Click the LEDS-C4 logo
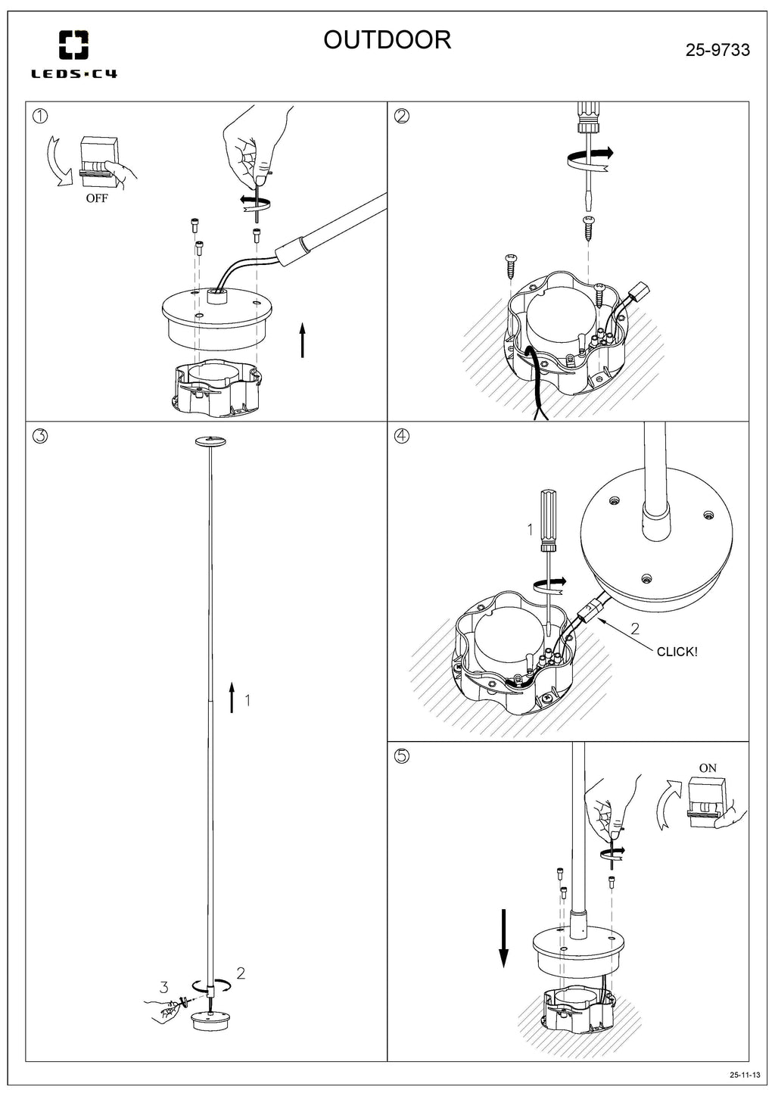click(x=73, y=54)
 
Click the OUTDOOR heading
click(x=387, y=39)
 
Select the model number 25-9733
click(x=717, y=50)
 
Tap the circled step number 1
click(x=40, y=116)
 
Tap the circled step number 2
click(x=402, y=116)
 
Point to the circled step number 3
click(x=40, y=436)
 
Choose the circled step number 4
click(x=402, y=436)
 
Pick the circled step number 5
click(x=402, y=755)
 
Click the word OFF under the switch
click(x=96, y=199)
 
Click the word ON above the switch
click(x=707, y=768)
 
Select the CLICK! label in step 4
click(x=677, y=652)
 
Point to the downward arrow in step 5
click(x=503, y=939)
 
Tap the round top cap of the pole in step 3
click(x=211, y=441)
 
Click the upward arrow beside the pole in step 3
click(x=232, y=696)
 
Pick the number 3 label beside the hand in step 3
click(x=163, y=987)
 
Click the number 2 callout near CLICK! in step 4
click(x=634, y=627)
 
